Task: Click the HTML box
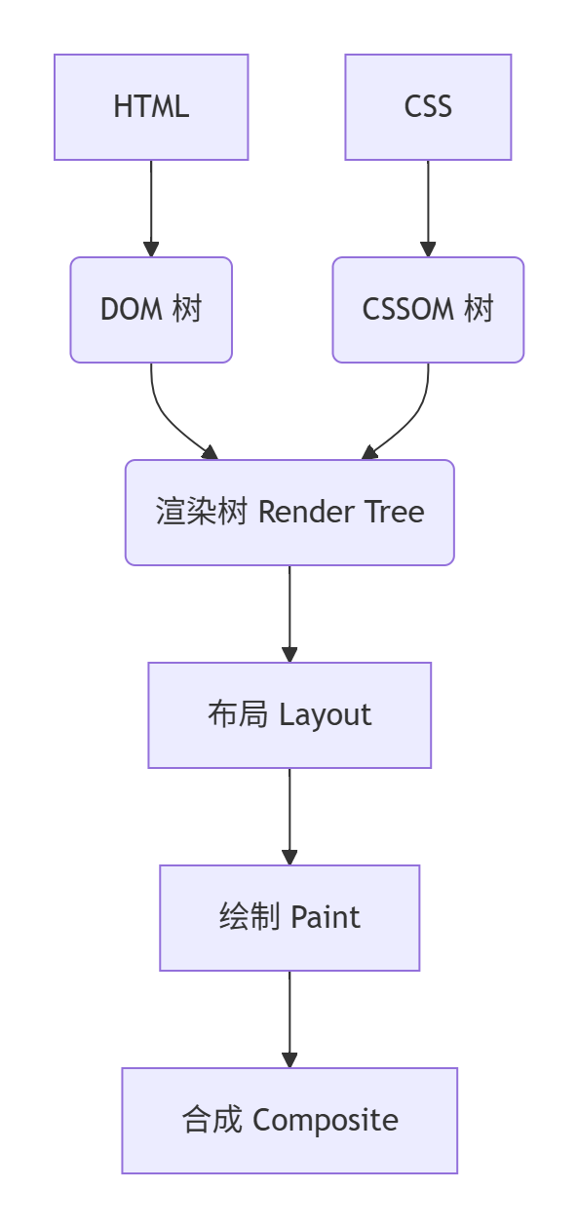pyautogui.click(x=151, y=107)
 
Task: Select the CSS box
pyautogui.click(x=428, y=107)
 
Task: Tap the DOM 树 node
pyautogui.click(x=151, y=310)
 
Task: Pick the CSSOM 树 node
pyautogui.click(x=428, y=310)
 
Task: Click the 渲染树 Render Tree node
pyautogui.click(x=289, y=513)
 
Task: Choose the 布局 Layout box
pyautogui.click(x=289, y=715)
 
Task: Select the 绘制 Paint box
pyautogui.click(x=289, y=918)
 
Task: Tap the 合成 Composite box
pyautogui.click(x=289, y=1121)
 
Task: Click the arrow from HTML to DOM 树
pyautogui.click(x=151, y=209)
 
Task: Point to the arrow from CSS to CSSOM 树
pyautogui.click(x=428, y=209)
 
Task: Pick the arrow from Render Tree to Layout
pyautogui.click(x=289, y=614)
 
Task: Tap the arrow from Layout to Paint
pyautogui.click(x=289, y=817)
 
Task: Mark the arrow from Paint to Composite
pyautogui.click(x=289, y=1019)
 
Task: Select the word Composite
pyautogui.click(x=326, y=1122)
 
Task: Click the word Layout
pyautogui.click(x=326, y=716)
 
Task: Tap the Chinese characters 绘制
pyautogui.click(x=250, y=917)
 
